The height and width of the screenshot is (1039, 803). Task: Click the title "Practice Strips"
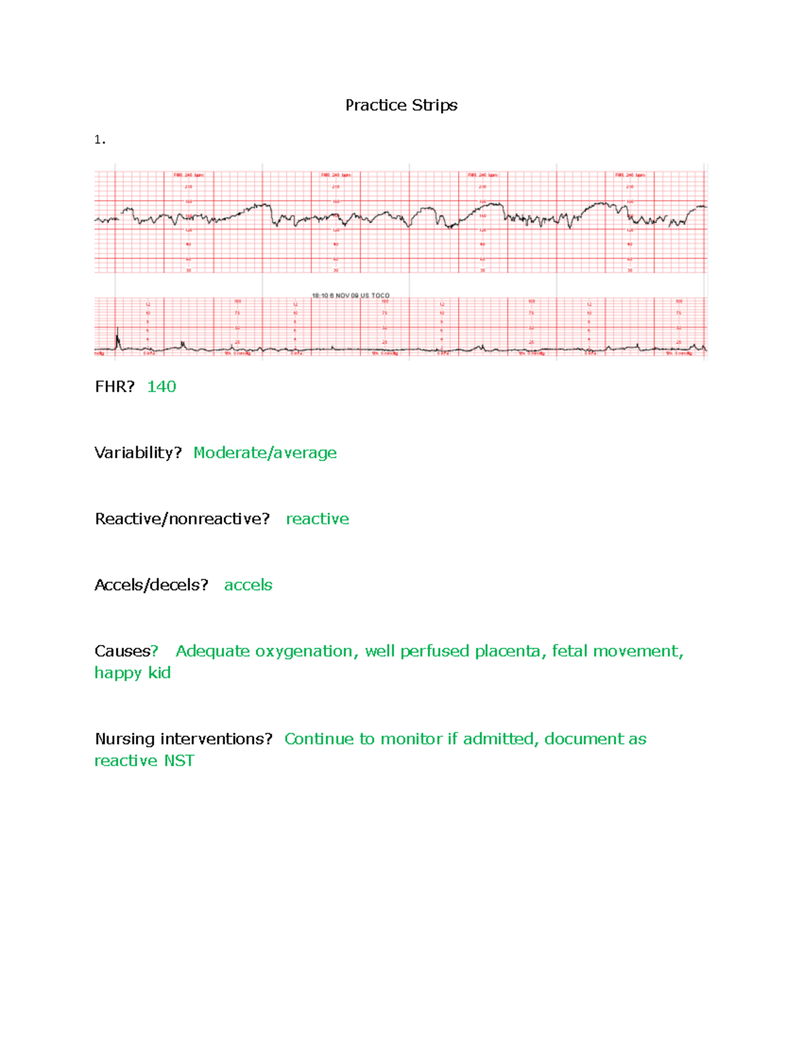[x=401, y=105]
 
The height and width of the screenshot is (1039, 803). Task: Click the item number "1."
[x=100, y=140]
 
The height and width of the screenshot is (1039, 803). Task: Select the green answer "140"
[x=161, y=387]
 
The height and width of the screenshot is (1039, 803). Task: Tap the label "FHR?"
[x=114, y=387]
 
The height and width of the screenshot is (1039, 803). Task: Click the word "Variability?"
[x=138, y=453]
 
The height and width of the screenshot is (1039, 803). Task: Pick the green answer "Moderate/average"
[x=265, y=453]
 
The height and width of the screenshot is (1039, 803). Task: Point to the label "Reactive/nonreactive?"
[x=182, y=519]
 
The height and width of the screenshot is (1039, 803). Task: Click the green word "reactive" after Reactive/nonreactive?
[x=317, y=519]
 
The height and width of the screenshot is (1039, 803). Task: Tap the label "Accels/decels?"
[x=151, y=585]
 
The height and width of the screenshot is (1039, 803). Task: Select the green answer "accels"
[x=248, y=585]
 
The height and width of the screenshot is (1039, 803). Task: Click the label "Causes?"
[x=126, y=652]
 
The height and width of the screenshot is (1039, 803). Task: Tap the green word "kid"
[x=159, y=673]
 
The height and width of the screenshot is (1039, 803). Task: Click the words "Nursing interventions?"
[x=183, y=739]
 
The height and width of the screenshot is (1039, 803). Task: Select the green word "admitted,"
[x=501, y=739]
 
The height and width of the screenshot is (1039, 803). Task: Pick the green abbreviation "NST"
[x=179, y=761]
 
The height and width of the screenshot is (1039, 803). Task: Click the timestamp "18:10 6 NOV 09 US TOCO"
[x=351, y=295]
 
